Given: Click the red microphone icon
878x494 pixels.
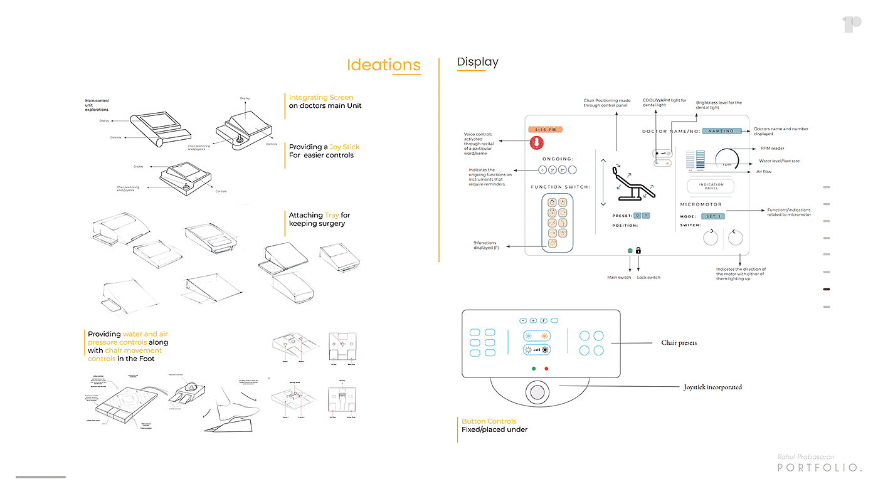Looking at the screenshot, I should [537, 142].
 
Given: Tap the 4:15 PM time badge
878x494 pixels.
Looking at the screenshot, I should [545, 129].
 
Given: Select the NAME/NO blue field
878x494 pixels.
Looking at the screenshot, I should [721, 131].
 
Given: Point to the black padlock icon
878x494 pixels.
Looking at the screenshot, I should [638, 251].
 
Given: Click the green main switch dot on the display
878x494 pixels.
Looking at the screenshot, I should [630, 251].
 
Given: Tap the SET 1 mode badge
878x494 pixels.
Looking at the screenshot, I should [712, 216].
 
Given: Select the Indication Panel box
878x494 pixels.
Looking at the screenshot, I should [711, 186].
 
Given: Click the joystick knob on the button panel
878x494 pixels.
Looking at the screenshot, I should [537, 392].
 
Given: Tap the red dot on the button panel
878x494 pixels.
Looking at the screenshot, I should [546, 369].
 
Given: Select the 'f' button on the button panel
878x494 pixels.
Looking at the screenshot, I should [544, 320].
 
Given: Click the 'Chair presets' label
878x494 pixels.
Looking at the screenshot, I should [679, 343].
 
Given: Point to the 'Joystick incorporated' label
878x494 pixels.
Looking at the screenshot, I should [712, 387].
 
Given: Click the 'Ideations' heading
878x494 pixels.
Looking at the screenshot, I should [383, 65].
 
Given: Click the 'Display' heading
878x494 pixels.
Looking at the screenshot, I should [477, 61].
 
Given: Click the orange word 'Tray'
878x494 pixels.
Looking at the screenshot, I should [332, 215].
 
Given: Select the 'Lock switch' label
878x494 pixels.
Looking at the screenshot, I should [648, 277].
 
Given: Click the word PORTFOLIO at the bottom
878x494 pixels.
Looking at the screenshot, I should [819, 468].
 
